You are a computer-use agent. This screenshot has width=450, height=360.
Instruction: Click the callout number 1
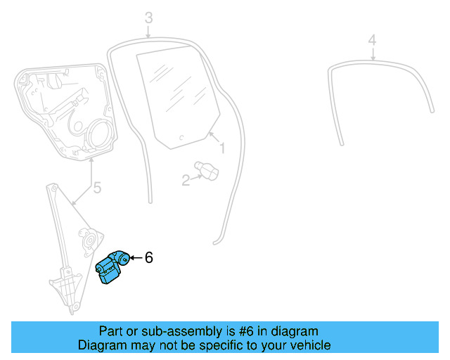(x=221, y=149)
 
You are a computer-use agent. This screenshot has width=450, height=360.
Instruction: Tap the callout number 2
(x=186, y=181)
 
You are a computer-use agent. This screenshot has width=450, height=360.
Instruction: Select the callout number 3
(x=148, y=17)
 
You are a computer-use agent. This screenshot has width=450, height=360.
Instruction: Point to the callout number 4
(x=373, y=39)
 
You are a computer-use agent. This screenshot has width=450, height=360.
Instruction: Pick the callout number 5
(x=97, y=188)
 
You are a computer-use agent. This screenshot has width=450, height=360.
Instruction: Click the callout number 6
(x=148, y=258)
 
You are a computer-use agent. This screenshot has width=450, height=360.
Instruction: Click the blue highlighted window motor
(x=111, y=268)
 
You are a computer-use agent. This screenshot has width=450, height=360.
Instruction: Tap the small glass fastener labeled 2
(x=208, y=169)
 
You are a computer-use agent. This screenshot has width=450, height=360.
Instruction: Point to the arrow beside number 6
(x=135, y=258)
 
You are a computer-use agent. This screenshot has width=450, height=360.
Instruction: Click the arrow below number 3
(x=148, y=31)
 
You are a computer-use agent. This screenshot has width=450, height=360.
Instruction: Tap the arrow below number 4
(x=373, y=54)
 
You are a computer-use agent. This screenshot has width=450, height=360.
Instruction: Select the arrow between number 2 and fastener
(x=196, y=177)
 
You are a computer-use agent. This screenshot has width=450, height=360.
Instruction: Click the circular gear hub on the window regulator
(x=90, y=240)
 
